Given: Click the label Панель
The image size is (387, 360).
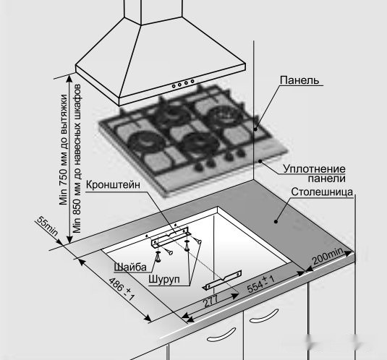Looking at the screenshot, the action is (x=299, y=80).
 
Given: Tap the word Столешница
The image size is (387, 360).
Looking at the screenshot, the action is (x=322, y=192).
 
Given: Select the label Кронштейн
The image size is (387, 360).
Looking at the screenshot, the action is (x=113, y=184).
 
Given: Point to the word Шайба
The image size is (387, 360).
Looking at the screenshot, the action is (x=130, y=267).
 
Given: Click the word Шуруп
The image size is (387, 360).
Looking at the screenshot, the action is (x=164, y=280).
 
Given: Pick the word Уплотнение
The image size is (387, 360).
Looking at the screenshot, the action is (x=314, y=169).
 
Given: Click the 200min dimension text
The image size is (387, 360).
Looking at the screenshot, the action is (x=328, y=256).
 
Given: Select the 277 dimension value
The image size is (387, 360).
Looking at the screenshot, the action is (x=210, y=301).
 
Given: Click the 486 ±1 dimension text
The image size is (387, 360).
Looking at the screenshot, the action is (x=122, y=289).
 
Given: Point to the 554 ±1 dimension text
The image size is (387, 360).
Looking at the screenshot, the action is (x=260, y=284).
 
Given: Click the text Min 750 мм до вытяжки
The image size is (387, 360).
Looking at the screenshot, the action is (x=64, y=150).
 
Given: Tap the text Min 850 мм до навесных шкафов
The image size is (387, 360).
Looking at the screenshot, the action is (x=77, y=158).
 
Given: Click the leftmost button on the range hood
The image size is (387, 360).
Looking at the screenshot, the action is (x=174, y=86).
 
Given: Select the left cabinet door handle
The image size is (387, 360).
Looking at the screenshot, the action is (x=221, y=335).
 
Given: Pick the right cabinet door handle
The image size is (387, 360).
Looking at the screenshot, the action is (x=264, y=316).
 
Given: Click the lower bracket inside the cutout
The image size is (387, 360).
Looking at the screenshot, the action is (x=222, y=280).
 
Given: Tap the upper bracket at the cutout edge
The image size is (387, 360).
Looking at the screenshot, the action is (x=171, y=238).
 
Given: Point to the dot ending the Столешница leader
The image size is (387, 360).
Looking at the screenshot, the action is (x=276, y=221).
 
